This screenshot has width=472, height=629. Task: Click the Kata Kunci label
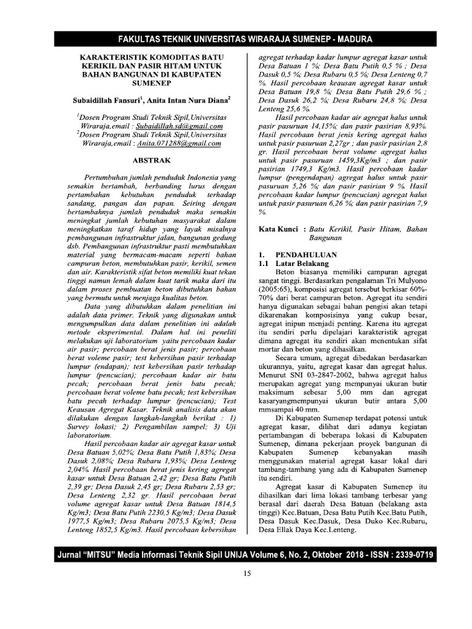pyautogui.click(x=278, y=228)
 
